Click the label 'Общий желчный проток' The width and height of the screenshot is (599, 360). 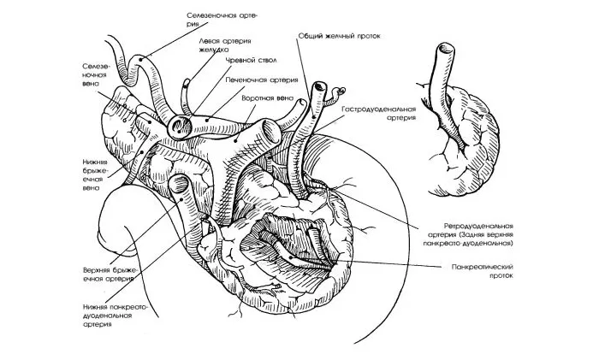pyautogui.click(x=338, y=37)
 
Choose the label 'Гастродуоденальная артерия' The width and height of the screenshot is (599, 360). pyautogui.click(x=379, y=115)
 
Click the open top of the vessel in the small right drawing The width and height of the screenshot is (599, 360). pyautogui.click(x=444, y=50)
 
